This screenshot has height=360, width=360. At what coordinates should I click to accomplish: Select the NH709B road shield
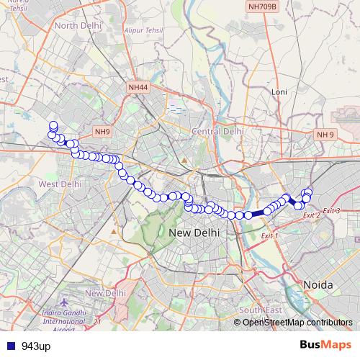click(261, 7)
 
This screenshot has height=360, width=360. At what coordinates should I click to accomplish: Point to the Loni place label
click(279, 91)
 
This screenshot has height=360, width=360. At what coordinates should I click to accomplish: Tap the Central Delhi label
click(217, 132)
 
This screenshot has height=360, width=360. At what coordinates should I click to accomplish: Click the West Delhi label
click(60, 184)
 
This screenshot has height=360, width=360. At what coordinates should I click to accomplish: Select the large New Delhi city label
click(198, 233)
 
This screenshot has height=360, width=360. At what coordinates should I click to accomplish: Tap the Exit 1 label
click(269, 235)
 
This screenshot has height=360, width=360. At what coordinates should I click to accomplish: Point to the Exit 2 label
click(311, 215)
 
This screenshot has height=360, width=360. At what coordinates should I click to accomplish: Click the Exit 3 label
click(330, 210)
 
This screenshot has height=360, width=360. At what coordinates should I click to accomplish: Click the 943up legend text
click(36, 346)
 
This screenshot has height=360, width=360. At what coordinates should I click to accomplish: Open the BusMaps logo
click(325, 346)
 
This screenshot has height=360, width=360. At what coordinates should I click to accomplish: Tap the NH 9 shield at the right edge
click(325, 135)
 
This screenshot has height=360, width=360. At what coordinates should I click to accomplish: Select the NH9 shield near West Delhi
click(102, 132)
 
